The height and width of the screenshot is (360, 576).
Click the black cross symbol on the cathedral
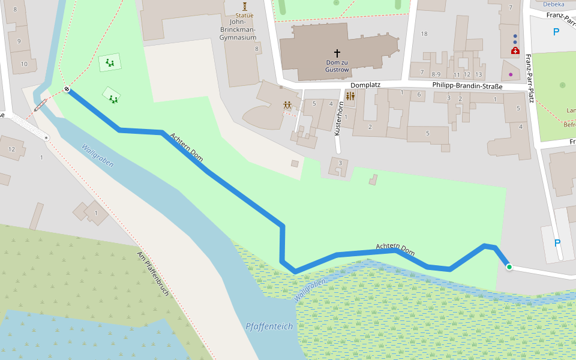click(x=337, y=53)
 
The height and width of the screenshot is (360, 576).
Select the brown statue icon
click(x=245, y=6)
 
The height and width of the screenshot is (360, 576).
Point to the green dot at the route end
click(x=509, y=267)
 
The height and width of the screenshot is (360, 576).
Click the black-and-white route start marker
click(x=67, y=90)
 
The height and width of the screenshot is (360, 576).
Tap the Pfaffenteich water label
click(x=269, y=326)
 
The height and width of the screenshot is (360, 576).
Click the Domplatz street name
click(x=366, y=85)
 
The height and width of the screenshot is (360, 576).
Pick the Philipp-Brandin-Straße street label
click(x=467, y=86)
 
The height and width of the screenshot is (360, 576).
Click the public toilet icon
click(x=350, y=96)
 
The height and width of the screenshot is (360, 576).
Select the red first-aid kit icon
click(x=515, y=51)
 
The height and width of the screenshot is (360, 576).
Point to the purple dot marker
click(x=511, y=74)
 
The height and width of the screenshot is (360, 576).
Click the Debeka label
click(x=553, y=4)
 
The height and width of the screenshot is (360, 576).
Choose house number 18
click(x=424, y=34)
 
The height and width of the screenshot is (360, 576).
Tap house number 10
click(x=24, y=63)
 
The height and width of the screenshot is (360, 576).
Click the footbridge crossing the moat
click(x=41, y=106)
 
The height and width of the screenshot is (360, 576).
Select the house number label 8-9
click(x=436, y=74)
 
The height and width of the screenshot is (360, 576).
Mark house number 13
click(x=478, y=74)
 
